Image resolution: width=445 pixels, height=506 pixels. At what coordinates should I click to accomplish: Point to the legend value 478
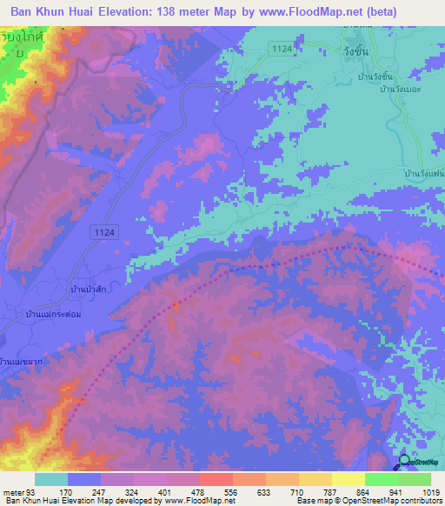pos(183,490)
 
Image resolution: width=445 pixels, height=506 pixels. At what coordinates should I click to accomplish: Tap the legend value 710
pos(282,490)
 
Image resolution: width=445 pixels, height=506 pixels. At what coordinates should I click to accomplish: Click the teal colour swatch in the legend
pos(51,479)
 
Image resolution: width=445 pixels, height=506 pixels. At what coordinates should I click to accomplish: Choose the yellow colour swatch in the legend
pos(349,479)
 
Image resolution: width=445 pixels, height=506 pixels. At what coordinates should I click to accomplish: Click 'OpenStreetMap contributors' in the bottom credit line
pos(395,501)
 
